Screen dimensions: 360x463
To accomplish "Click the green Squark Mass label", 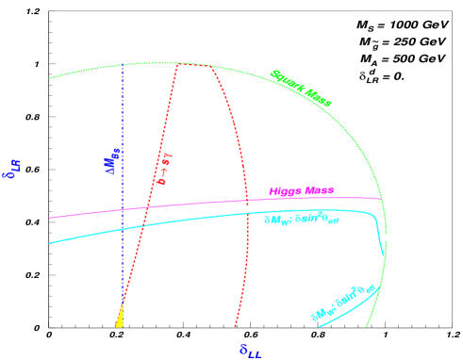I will tap(301, 87).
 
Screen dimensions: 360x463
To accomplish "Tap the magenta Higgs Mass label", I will tap(301, 190).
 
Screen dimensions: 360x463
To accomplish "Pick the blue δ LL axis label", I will tap(250, 350).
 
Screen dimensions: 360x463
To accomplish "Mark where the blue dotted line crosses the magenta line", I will tap(123, 210).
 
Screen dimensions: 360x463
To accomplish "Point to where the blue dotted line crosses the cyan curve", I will tap(123, 228).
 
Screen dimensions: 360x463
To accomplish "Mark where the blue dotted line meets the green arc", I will tap(123, 65).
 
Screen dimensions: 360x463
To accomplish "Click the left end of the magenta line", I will tap(50, 218).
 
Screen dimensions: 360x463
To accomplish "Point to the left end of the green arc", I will tap(50, 78).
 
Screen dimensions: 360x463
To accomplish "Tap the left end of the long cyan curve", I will tap(50, 243).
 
